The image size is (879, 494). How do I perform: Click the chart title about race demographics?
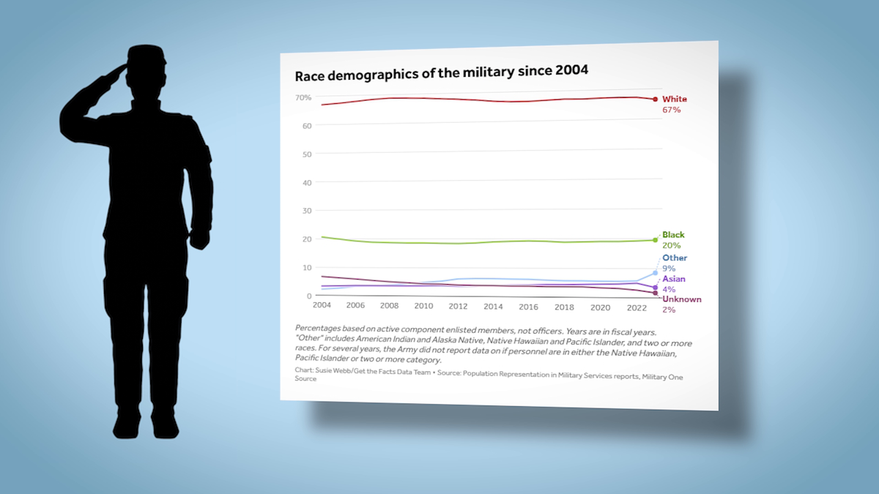point(441,75)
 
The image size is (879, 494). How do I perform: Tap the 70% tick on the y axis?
point(304,97)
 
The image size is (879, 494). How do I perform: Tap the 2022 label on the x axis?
point(634,307)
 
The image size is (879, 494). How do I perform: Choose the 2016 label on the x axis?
point(528,306)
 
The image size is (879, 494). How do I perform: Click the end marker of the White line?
point(655,99)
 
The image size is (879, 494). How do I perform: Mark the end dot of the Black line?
point(655,239)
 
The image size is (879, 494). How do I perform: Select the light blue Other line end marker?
point(655,273)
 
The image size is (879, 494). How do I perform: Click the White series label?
point(675,99)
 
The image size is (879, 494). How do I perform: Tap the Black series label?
point(673,235)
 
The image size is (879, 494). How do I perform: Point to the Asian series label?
point(674,280)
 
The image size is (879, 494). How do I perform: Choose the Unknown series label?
point(682,299)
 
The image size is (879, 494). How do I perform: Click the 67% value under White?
point(672,110)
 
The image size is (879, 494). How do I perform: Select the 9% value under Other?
point(669,269)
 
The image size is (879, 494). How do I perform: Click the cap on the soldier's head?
point(149,56)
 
